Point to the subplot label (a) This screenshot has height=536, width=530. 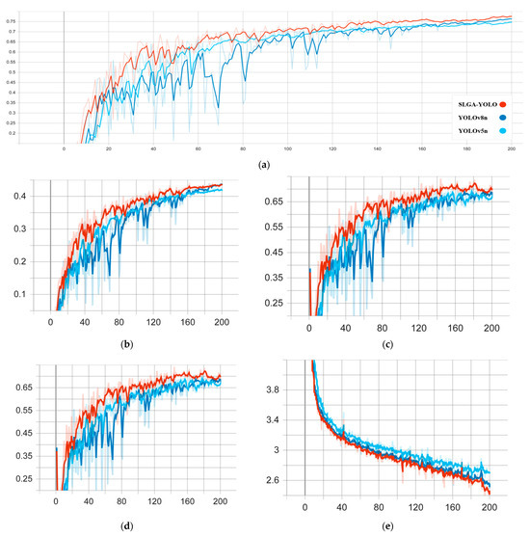click(264, 164)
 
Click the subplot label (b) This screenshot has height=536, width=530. click(125, 342)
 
